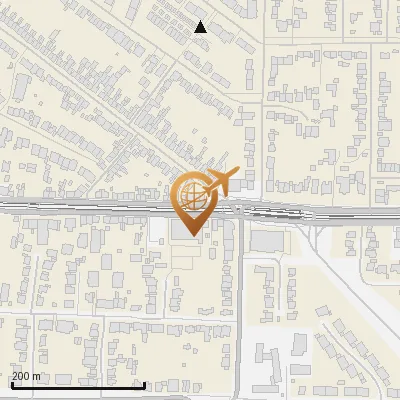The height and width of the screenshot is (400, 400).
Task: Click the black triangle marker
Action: coord(201,27)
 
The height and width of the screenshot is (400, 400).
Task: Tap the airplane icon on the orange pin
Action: coord(223,181)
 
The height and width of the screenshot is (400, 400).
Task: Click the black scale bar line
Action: coord(78,385)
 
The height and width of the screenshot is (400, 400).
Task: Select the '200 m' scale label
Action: coord(27,376)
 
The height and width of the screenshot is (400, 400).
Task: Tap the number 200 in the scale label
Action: coord(22,376)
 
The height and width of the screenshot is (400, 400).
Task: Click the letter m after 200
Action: coord(37,376)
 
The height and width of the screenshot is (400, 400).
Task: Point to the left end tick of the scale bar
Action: coord(12,383)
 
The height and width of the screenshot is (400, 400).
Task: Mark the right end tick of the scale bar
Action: coord(145,383)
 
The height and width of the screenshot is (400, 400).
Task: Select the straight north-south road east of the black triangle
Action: coord(263,100)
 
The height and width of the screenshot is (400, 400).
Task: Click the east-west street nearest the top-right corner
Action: coord(330,41)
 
